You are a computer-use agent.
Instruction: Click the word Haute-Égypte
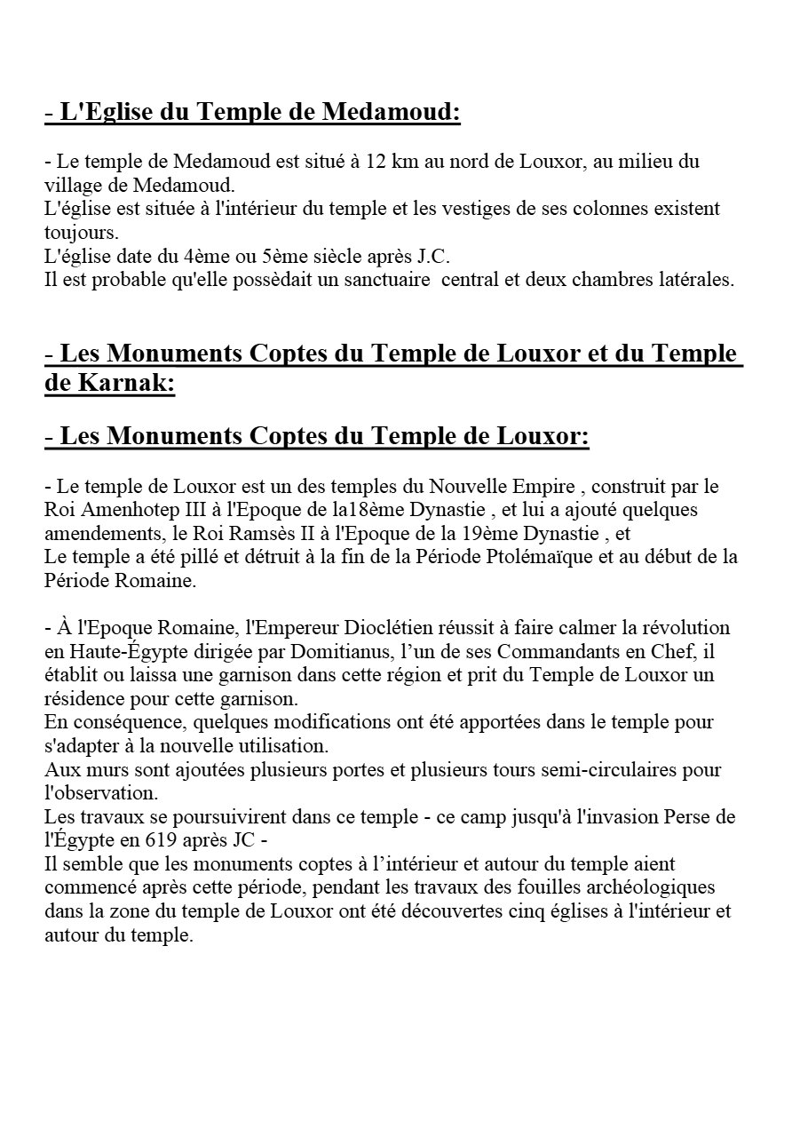click(x=115, y=651)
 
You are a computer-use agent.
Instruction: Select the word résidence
click(x=83, y=697)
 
